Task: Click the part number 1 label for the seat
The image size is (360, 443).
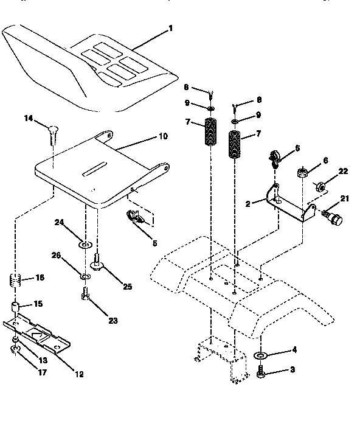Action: [x=171, y=29]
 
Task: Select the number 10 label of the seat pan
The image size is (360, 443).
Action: [x=162, y=138]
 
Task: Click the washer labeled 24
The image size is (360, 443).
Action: [x=85, y=245]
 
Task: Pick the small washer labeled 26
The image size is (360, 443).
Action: [x=86, y=277]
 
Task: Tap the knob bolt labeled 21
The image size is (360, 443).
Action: [x=331, y=217]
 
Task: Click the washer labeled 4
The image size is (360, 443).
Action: [x=260, y=355]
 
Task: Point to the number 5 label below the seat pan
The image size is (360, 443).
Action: [x=154, y=243]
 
